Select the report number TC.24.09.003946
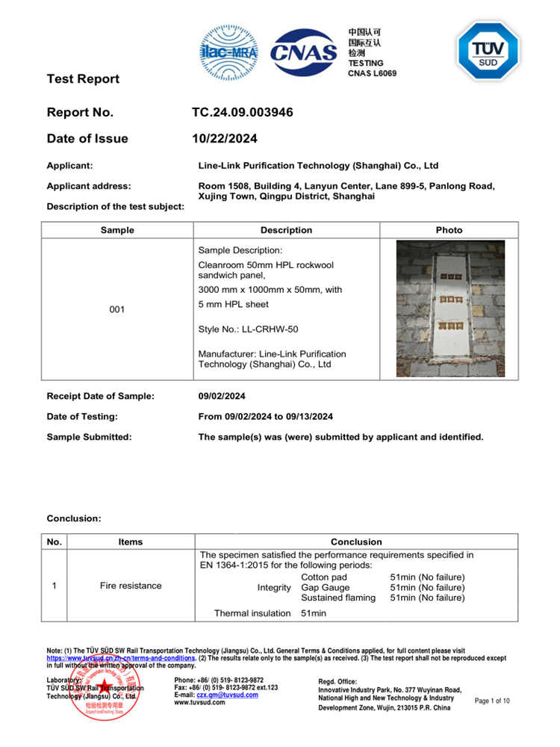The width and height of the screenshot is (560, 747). (x=242, y=113)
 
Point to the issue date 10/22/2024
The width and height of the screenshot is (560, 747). (x=225, y=138)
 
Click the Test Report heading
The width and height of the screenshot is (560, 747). (x=83, y=78)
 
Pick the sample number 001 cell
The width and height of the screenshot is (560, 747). (x=117, y=309)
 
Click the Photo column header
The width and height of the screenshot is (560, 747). (x=449, y=230)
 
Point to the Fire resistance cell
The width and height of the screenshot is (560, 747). (x=131, y=586)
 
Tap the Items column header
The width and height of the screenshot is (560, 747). (x=131, y=542)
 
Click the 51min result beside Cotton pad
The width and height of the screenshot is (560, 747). (x=427, y=577)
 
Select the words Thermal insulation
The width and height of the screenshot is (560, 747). (x=252, y=613)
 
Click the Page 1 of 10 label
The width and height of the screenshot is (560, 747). (x=492, y=701)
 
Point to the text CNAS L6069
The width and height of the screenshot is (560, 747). (x=372, y=73)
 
